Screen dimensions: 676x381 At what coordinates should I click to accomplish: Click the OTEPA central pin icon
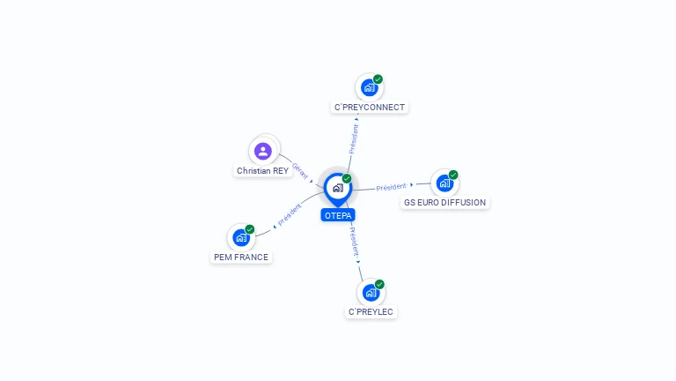pos(338,189)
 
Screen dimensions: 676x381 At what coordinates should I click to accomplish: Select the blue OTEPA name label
pos(338,215)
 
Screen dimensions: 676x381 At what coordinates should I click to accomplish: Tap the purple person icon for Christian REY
pos(263,151)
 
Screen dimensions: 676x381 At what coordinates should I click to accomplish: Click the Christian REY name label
pos(262,170)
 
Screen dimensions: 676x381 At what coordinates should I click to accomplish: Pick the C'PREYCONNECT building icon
pos(370,87)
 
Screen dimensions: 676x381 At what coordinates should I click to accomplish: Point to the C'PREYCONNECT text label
pos(370,107)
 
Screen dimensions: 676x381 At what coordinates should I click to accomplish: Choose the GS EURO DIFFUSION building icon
pos(445,183)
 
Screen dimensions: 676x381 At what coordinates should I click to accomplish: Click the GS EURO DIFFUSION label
pos(445,203)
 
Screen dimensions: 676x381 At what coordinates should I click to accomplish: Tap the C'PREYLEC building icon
pos(371,293)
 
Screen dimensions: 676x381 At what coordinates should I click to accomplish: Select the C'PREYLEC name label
pos(371,312)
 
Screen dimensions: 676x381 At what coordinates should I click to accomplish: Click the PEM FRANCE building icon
pos(241,237)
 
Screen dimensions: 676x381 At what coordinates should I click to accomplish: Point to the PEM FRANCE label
pos(241,257)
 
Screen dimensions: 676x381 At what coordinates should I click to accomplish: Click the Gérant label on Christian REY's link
pos(300,170)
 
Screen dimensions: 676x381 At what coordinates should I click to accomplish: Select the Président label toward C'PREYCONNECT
pos(354,139)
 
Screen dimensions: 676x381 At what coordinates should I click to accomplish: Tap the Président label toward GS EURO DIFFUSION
pos(392,187)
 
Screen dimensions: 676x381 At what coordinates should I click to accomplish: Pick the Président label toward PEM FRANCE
pos(290,214)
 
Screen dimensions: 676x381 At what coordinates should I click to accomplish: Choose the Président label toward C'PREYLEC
pos(355,243)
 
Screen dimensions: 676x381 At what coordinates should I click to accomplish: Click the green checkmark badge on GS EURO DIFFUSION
pos(453,175)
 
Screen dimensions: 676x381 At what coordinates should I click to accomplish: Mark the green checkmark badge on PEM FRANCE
pos(250,229)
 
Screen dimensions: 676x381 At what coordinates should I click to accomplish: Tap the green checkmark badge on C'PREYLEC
pos(379,284)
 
